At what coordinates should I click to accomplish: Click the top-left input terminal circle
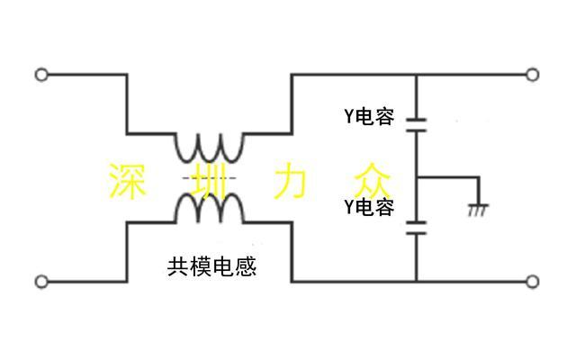pos(41,75)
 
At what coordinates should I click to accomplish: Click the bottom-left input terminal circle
pos(41,282)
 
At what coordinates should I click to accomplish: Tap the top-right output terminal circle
pos(532,75)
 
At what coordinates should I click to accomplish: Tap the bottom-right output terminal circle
pos(532,282)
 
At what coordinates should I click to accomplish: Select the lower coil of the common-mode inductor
pos(209,208)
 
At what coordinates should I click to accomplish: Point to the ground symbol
pos(478,209)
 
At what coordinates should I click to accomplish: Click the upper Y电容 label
pos(369,116)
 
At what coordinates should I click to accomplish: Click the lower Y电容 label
pos(369,208)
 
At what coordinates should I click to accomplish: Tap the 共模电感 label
pos(212,266)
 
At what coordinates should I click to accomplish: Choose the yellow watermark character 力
pos(290,180)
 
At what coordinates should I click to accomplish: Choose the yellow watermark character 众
pos(371,180)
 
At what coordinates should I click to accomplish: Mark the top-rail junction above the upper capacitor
pos(417,75)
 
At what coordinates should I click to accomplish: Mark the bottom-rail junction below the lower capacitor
pos(417,282)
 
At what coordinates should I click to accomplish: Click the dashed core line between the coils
pos(209,179)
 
